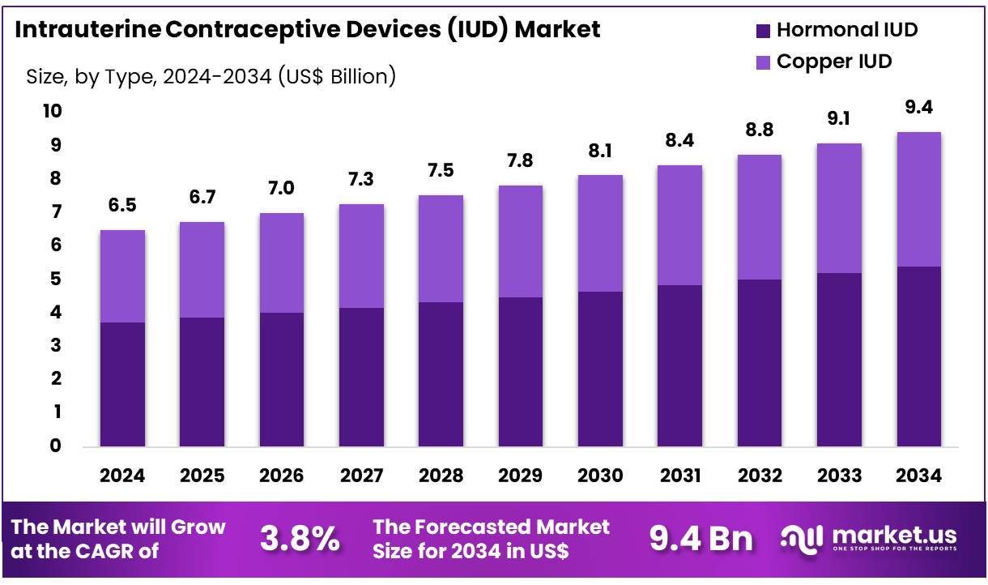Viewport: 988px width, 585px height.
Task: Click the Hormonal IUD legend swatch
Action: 762,32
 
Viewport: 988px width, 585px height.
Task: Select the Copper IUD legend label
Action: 834,62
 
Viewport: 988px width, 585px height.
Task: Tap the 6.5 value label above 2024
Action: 122,206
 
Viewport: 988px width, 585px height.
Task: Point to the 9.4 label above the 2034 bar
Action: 918,108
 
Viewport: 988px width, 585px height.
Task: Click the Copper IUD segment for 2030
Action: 599,233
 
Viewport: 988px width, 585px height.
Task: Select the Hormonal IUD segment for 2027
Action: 361,377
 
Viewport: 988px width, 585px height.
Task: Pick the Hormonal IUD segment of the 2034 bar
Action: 918,357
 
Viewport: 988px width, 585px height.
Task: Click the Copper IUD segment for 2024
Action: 122,276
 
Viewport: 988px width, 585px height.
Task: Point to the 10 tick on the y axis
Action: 51,111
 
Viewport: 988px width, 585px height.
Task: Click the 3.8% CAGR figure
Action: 300,538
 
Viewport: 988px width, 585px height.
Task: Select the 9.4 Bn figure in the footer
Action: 701,538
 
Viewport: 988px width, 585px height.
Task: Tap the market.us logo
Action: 869,538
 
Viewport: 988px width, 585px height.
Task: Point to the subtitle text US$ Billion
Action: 336,77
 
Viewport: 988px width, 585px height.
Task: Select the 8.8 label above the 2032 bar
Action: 759,130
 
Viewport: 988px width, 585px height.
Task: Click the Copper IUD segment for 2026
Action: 281,263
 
